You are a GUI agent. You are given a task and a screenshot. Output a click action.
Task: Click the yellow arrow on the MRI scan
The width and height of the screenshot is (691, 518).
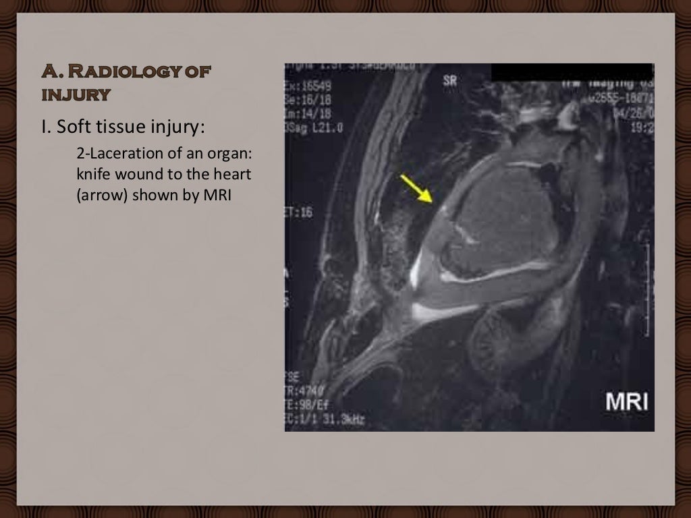click(x=416, y=187)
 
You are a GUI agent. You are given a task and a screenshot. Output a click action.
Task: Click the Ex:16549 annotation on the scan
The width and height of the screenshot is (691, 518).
click(x=307, y=87)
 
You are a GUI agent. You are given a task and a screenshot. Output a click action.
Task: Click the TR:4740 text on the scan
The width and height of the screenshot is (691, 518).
click(x=304, y=394)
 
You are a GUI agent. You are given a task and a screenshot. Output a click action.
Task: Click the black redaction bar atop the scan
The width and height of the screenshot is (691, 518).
click(x=572, y=72)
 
